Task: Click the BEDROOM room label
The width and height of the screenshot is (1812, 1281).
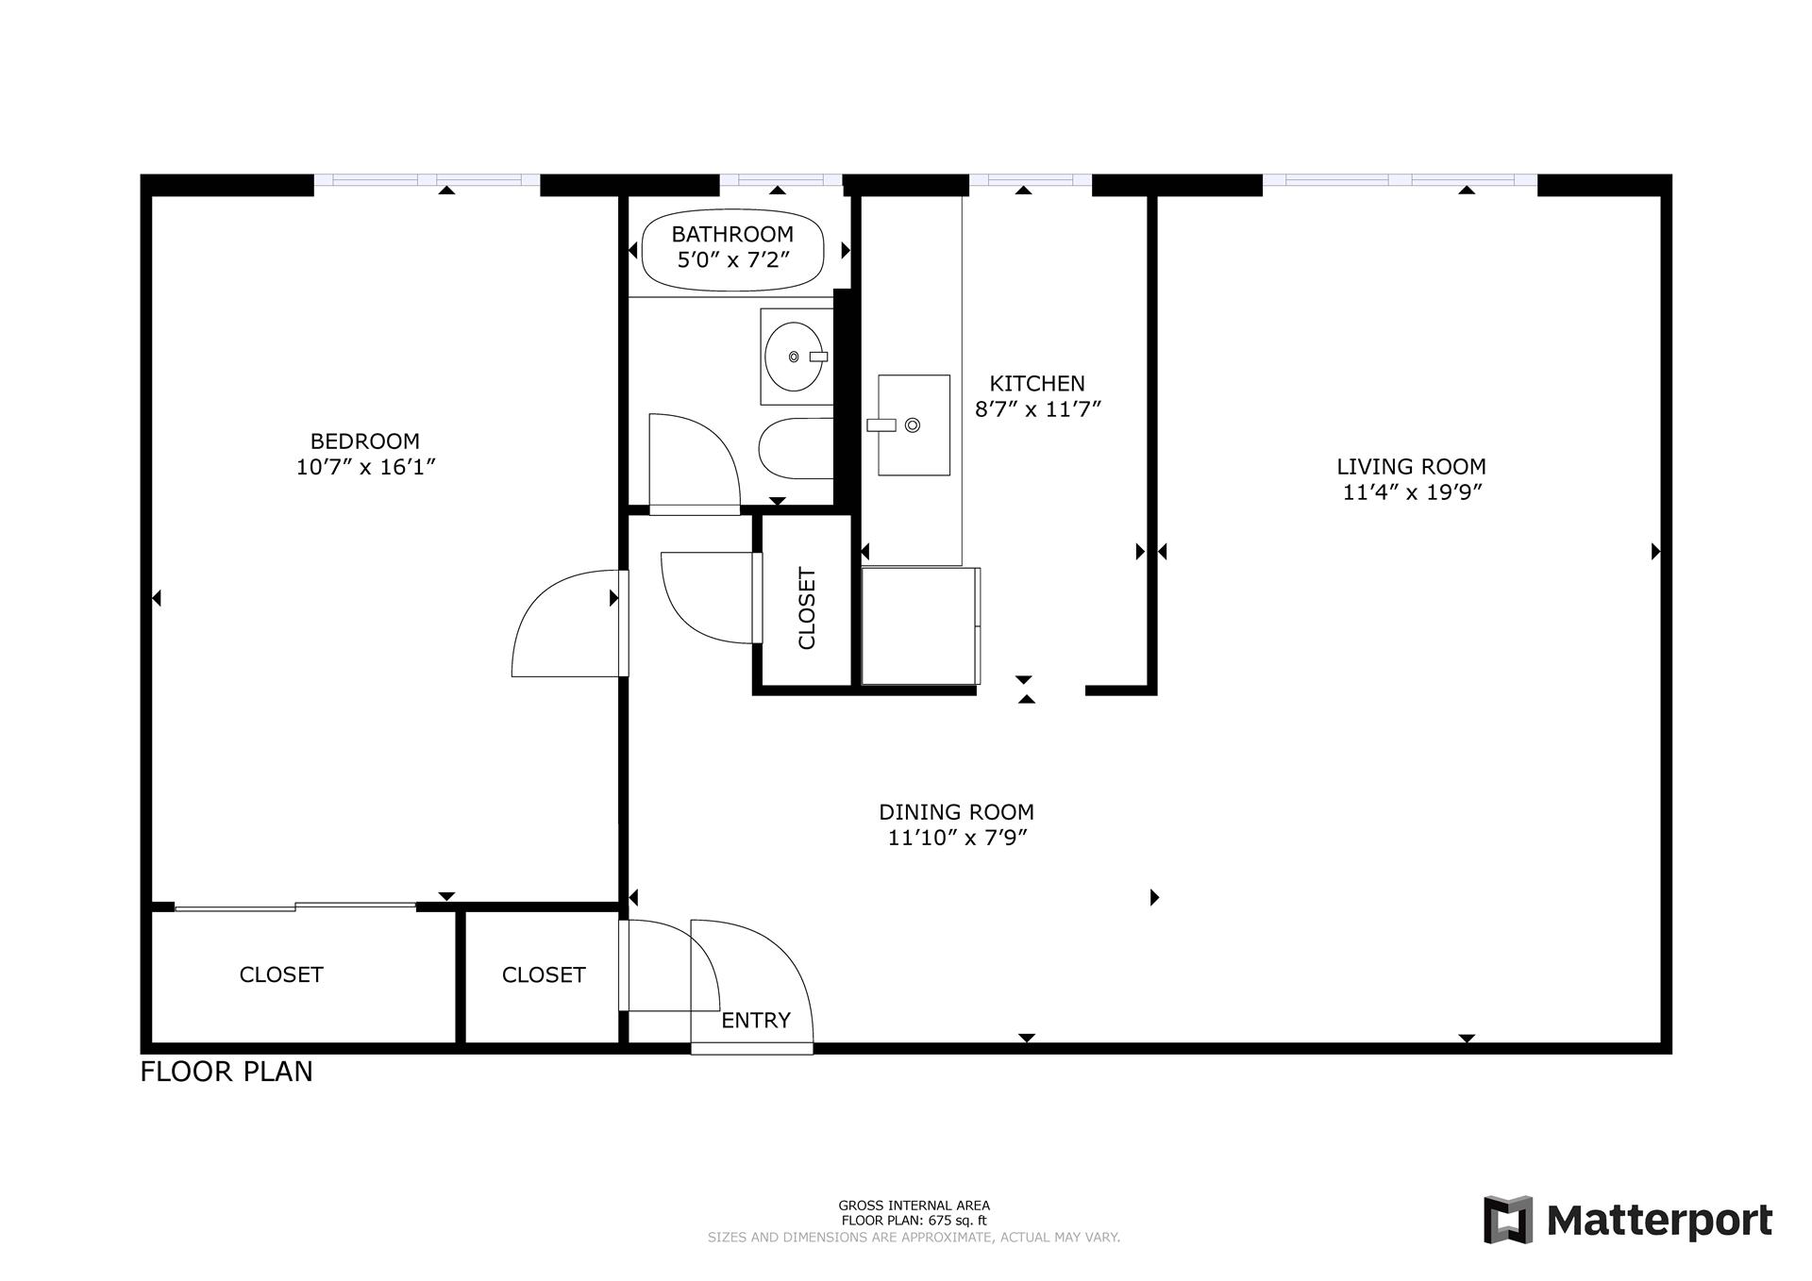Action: [364, 441]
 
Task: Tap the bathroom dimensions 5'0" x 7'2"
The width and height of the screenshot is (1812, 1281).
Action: [732, 260]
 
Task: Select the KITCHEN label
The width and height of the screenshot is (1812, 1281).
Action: [1036, 383]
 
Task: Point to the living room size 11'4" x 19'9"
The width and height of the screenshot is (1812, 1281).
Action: [1412, 492]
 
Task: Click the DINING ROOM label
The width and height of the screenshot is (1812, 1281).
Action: [956, 812]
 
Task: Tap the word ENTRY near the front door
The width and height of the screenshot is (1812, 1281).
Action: [755, 1020]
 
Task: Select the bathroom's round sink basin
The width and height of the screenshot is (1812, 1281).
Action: [793, 357]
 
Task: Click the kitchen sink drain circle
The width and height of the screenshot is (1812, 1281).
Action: [912, 425]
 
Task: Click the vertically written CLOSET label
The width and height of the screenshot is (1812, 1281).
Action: [807, 608]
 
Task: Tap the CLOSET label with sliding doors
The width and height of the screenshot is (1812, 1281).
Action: [281, 974]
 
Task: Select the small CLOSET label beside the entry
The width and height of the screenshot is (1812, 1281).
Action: [544, 974]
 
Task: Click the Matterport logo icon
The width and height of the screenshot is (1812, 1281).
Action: [1508, 1220]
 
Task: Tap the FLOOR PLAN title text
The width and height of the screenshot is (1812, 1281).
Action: [226, 1072]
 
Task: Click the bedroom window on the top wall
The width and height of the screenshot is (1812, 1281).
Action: [427, 179]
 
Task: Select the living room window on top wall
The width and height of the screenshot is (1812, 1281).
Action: [1400, 179]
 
